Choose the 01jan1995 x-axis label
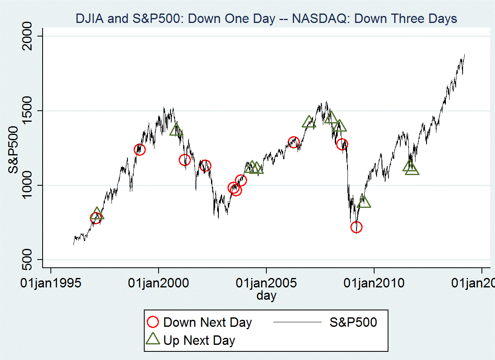[50, 283]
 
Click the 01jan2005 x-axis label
[266, 283]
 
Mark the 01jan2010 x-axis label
[374, 283]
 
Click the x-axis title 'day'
[266, 295]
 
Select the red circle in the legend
[153, 322]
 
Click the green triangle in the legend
[153, 339]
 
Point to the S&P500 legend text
[353, 322]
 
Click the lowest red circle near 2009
[356, 227]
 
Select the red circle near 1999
[140, 150]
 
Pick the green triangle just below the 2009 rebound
[364, 202]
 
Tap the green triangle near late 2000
[176, 130]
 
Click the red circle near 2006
[293, 143]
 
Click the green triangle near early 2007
[309, 122]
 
